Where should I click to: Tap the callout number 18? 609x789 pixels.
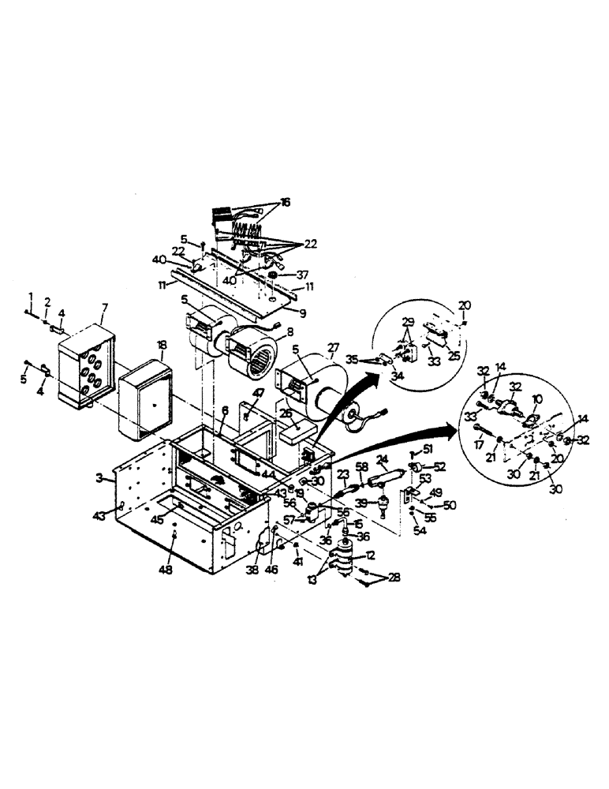coord(162,345)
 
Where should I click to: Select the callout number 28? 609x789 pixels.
coord(394,578)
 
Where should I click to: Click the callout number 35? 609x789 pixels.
coord(351,359)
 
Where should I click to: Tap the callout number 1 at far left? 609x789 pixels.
coord(31,295)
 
